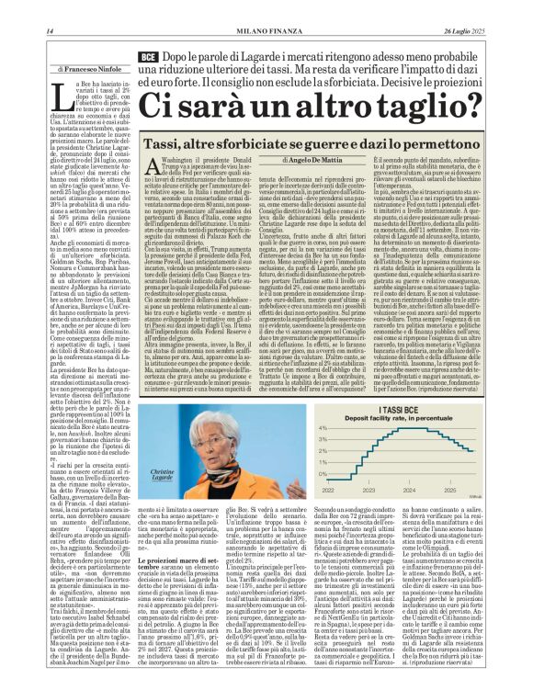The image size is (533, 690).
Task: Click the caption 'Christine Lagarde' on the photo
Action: point(163,474)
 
